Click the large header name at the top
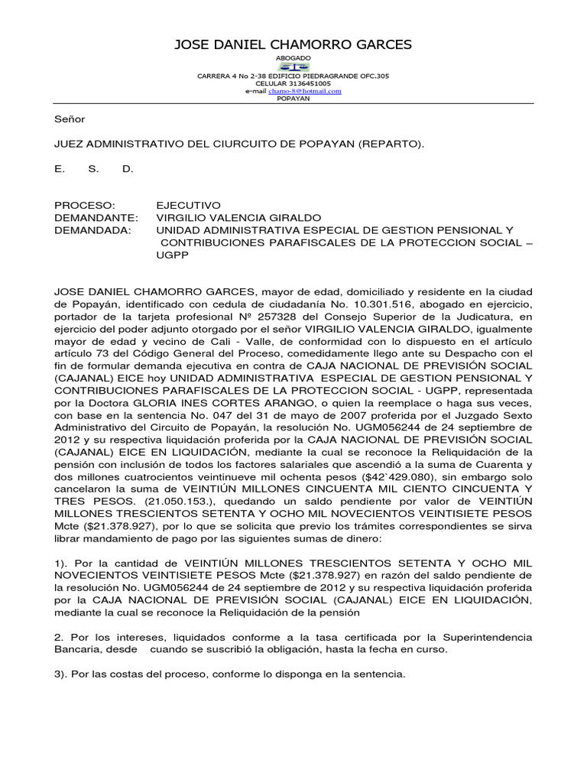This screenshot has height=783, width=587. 293,45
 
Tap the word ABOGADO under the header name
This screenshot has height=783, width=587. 293,58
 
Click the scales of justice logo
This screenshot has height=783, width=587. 293,67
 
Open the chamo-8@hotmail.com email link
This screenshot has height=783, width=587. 304,91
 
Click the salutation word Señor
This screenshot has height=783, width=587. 70,119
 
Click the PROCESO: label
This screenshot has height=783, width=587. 85,205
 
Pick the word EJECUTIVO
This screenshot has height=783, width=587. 188,205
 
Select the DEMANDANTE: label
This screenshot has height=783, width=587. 96,218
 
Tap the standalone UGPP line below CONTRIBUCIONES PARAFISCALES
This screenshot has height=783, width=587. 172,255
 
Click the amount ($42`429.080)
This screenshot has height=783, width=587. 348,477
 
